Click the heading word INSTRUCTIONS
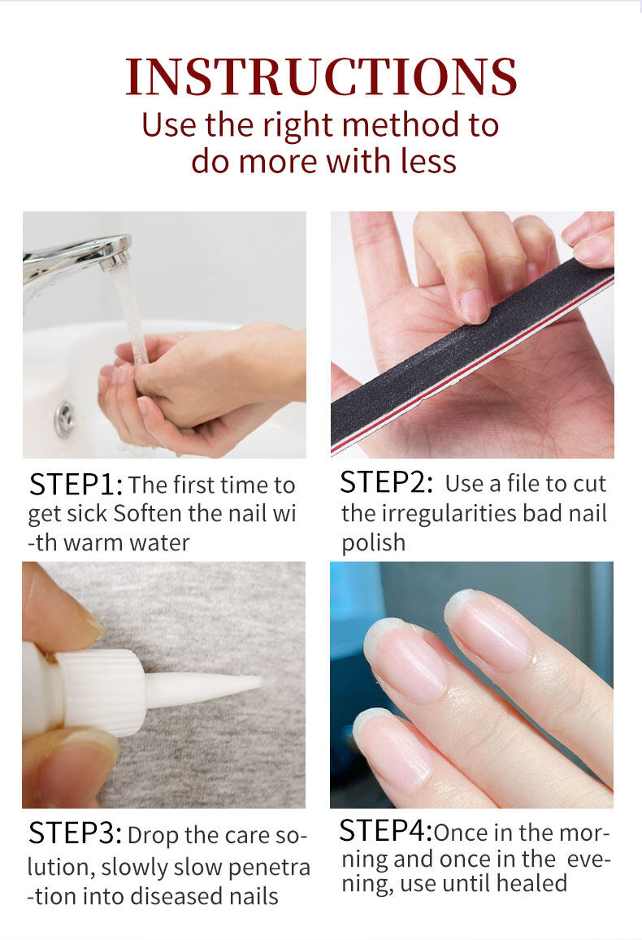pos(321,76)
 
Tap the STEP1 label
pos(76,485)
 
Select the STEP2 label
pos(386,482)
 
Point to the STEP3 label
pos(76,833)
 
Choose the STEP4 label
pos(385,830)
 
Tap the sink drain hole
pos(64,418)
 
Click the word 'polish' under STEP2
pos(373,542)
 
